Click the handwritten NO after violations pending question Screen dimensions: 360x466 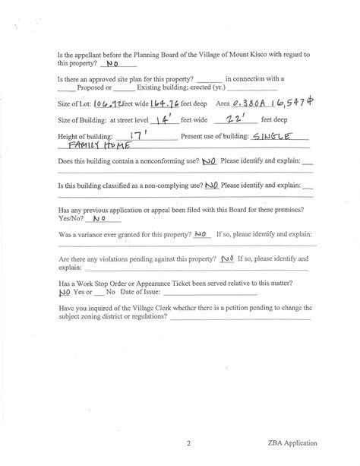pos(227,258)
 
